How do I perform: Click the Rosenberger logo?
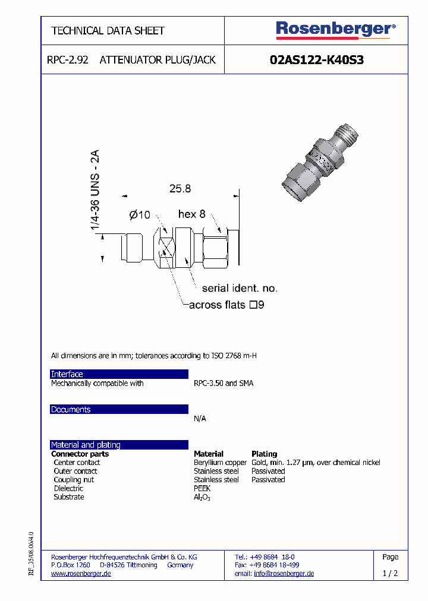point(335,30)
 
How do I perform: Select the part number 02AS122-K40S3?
point(316,60)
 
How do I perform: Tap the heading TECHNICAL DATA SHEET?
point(108,30)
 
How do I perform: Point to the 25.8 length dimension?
point(180,189)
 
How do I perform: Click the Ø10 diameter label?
point(140,214)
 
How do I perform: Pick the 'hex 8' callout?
point(191,214)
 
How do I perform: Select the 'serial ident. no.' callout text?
point(240,288)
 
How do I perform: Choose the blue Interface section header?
point(119,374)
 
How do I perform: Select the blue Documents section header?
point(119,410)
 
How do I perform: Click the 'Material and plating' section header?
point(119,445)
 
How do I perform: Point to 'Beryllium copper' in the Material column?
point(220,463)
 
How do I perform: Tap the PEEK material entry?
point(202,488)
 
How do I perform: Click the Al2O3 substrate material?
point(202,497)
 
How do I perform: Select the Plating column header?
point(265,454)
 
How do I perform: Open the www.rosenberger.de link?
point(81,574)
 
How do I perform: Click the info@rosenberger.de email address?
point(284,574)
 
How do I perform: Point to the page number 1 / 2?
point(390,574)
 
